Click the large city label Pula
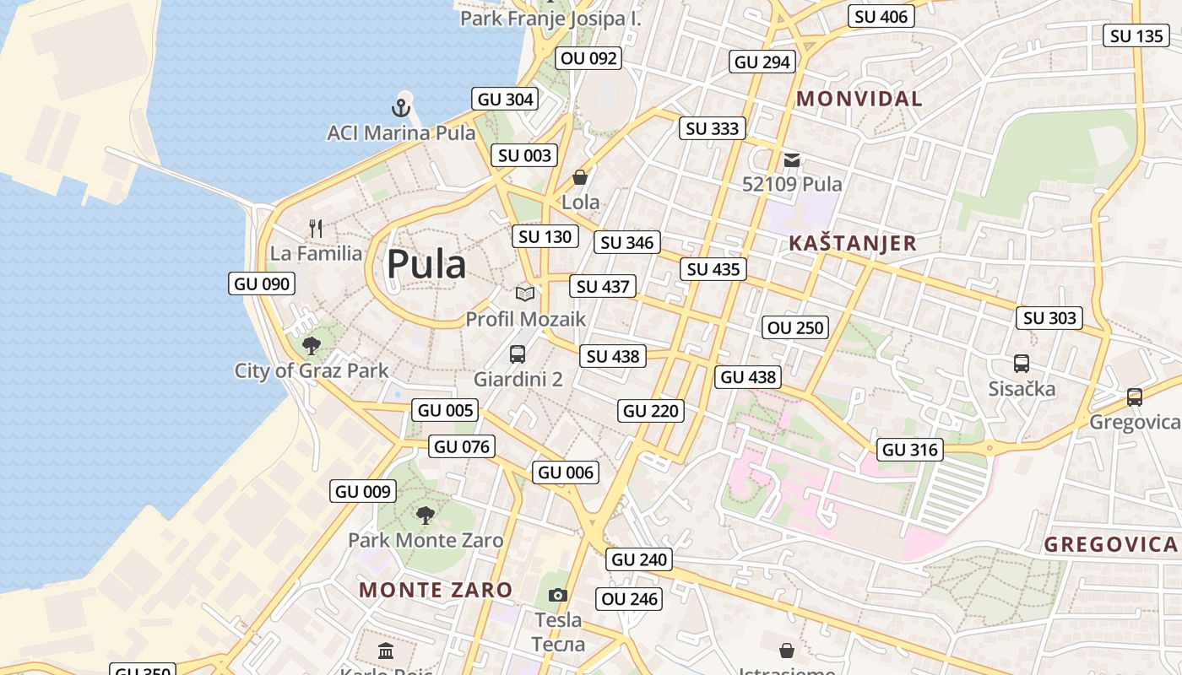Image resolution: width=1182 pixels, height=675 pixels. click(426, 264)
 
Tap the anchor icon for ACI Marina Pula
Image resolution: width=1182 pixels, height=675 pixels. click(401, 108)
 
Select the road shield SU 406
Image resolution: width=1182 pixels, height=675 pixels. click(881, 17)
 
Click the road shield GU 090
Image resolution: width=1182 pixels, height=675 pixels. click(263, 283)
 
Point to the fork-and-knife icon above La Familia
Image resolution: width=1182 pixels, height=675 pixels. click(316, 228)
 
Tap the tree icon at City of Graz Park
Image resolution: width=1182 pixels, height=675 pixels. click(312, 345)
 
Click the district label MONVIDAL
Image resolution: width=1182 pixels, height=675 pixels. click(859, 99)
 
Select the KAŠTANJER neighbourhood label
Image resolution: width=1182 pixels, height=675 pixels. click(852, 243)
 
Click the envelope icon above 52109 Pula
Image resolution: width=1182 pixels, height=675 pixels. click(792, 159)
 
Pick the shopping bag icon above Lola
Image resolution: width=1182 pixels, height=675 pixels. click(580, 177)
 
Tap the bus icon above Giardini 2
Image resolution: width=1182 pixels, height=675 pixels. click(518, 354)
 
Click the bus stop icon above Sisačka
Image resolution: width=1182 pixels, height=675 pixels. click(1022, 364)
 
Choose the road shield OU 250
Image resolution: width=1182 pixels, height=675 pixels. click(795, 327)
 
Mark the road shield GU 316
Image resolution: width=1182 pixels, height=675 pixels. click(910, 450)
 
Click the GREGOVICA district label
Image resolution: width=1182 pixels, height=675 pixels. click(1110, 544)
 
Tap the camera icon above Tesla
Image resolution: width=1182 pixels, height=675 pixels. click(557, 596)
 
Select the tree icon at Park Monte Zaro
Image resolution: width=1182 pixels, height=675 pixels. click(426, 515)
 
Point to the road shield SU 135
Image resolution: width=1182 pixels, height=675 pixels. click(1136, 36)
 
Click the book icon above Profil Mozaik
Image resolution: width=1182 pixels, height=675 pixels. click(525, 294)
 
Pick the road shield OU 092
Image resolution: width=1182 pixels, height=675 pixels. click(588, 58)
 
